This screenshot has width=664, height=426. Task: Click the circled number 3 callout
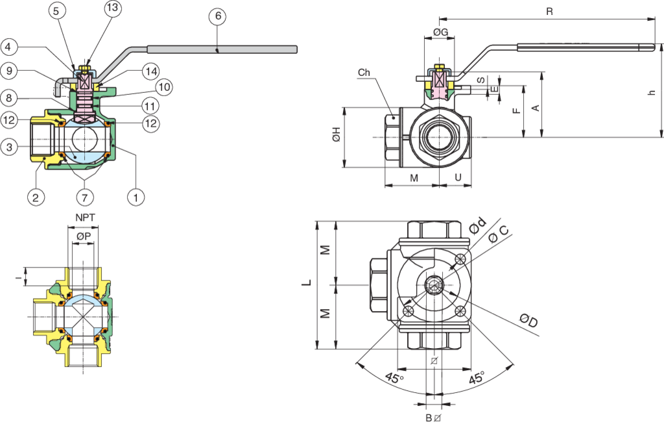tap(9, 147)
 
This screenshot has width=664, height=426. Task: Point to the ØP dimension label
tap(83, 237)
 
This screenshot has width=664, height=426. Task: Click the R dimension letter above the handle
tap(549, 12)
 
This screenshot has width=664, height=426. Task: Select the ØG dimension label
tap(441, 32)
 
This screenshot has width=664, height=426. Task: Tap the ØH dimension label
tap(335, 137)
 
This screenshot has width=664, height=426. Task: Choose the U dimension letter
tap(457, 177)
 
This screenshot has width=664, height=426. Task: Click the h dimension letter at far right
tap(652, 92)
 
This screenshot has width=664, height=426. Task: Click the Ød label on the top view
tap(477, 225)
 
